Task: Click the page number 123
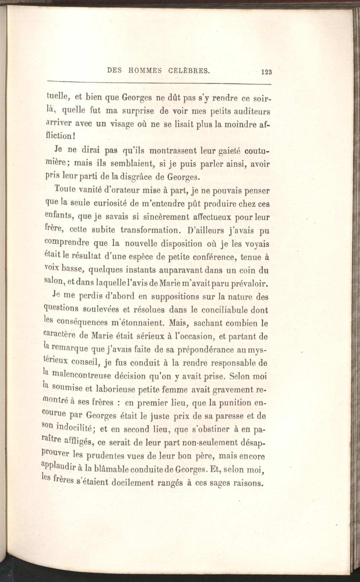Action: [267, 72]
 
